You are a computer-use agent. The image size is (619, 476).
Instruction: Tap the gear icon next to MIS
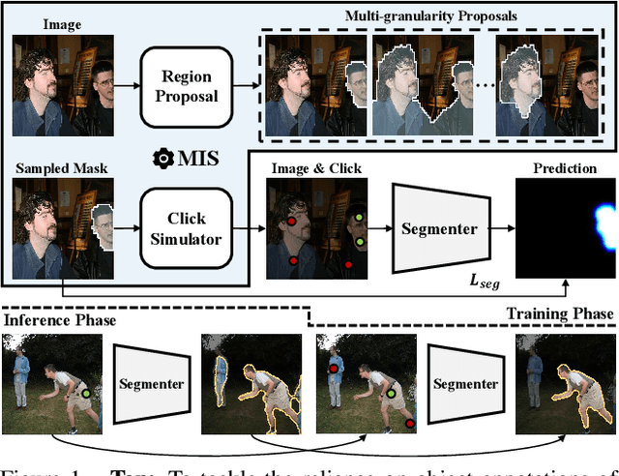click(166, 157)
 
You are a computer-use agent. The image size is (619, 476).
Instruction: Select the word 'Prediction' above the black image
click(565, 168)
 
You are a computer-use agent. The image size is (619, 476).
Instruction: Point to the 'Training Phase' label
click(560, 314)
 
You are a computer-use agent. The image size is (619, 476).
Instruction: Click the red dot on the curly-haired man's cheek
click(289, 222)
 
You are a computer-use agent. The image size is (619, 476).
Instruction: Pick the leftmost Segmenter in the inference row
click(151, 384)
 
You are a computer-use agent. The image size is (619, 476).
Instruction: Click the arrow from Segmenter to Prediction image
click(502, 228)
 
